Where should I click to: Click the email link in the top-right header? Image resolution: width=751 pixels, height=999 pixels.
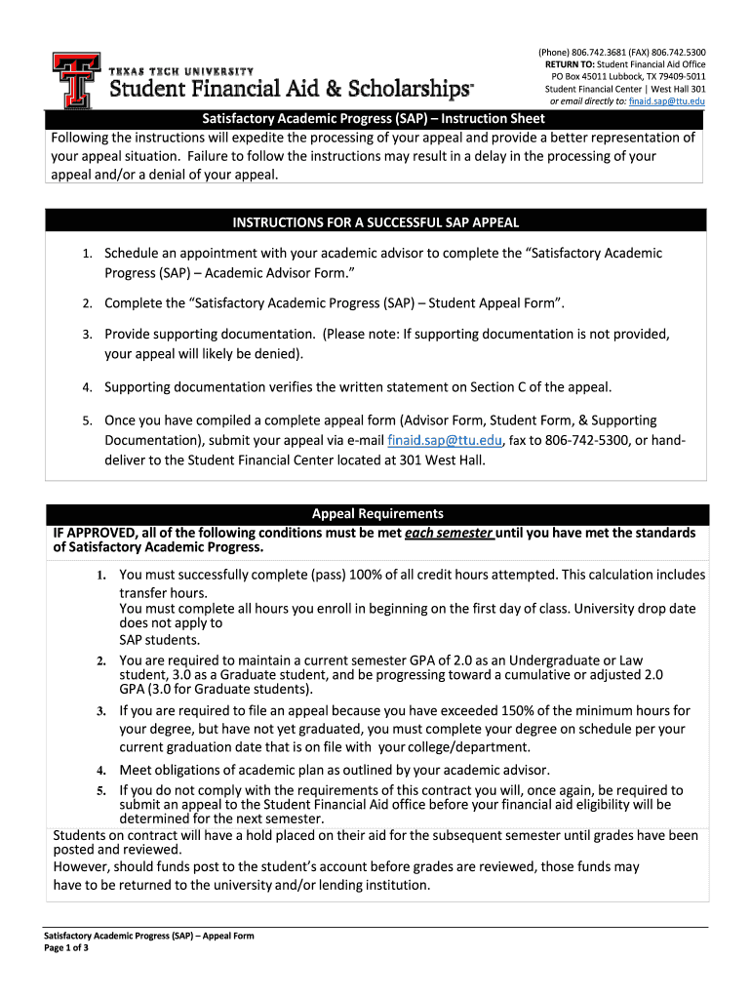pos(667,100)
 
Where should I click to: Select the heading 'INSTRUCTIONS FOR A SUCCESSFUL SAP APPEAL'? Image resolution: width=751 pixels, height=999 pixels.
pos(375,221)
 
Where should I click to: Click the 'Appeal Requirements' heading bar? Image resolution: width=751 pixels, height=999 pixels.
pos(377,513)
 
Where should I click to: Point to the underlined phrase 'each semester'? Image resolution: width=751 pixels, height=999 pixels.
pos(450,533)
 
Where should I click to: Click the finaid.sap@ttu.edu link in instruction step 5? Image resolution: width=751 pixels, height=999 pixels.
pos(444,440)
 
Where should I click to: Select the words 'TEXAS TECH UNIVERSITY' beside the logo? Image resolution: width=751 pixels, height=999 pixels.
pos(180,72)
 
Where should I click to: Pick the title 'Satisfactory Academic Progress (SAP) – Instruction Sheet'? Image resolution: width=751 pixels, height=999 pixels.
pos(375,118)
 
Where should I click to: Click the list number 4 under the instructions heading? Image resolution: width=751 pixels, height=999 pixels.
pos(87,388)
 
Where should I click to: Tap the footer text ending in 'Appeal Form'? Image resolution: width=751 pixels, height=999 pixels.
pos(149,936)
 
